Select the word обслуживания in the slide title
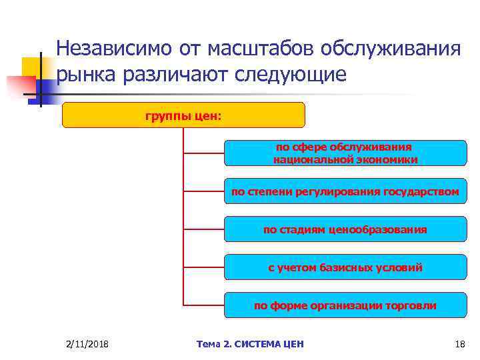(391, 49)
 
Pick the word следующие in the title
(291, 75)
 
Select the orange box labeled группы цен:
(183, 115)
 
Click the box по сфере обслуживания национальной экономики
(345, 153)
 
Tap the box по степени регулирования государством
(345, 191)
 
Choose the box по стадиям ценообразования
(345, 229)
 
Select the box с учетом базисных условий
(345, 267)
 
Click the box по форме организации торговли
(345, 305)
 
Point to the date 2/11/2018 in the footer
(88, 344)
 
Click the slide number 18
(459, 344)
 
